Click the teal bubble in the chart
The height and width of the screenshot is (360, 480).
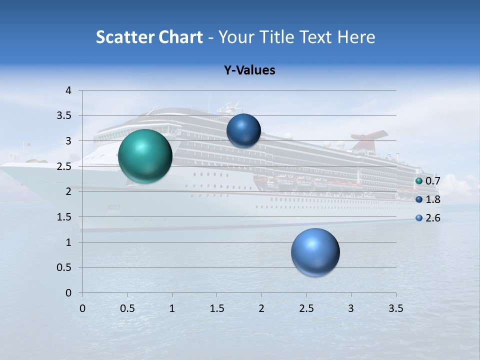pyautogui.click(x=145, y=156)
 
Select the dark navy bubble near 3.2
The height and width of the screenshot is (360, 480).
pyautogui.click(x=243, y=130)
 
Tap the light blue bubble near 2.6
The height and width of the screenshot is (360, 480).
pyautogui.click(x=315, y=252)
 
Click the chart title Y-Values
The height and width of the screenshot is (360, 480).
pyautogui.click(x=249, y=70)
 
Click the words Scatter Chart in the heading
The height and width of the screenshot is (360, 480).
pyautogui.click(x=149, y=37)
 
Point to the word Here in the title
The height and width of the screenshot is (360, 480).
pyautogui.click(x=355, y=37)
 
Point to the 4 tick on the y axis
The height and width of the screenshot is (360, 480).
pyautogui.click(x=68, y=90)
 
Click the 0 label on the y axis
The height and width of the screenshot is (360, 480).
pyautogui.click(x=68, y=293)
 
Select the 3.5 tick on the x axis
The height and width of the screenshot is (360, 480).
pyautogui.click(x=395, y=308)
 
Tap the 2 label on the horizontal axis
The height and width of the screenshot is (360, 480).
pyautogui.click(x=261, y=308)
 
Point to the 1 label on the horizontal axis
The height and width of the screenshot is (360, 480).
pyautogui.click(x=172, y=308)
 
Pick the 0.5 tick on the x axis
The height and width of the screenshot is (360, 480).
pyautogui.click(x=127, y=308)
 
